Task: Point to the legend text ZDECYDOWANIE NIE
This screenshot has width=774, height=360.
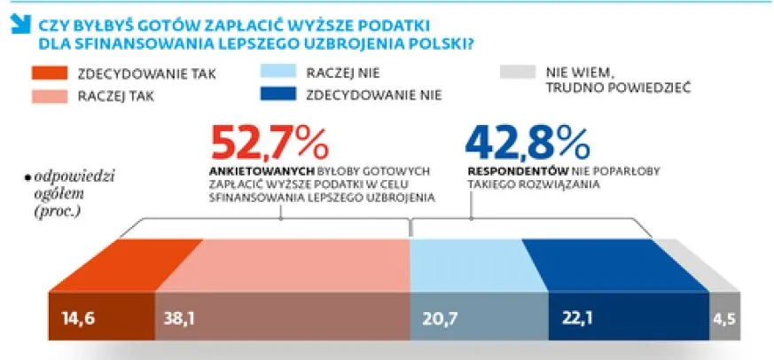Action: [372, 93]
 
